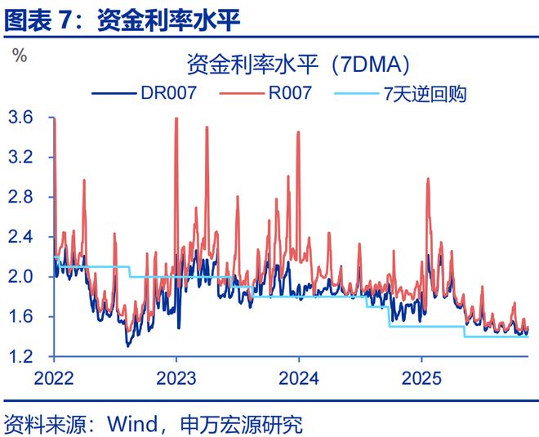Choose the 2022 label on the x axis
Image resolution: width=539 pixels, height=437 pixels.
coord(55,378)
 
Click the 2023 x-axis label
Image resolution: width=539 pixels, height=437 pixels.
coord(176,378)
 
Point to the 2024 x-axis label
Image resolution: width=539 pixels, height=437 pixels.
coord(298,378)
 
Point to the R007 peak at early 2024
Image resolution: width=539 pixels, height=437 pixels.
coord(298,132)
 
